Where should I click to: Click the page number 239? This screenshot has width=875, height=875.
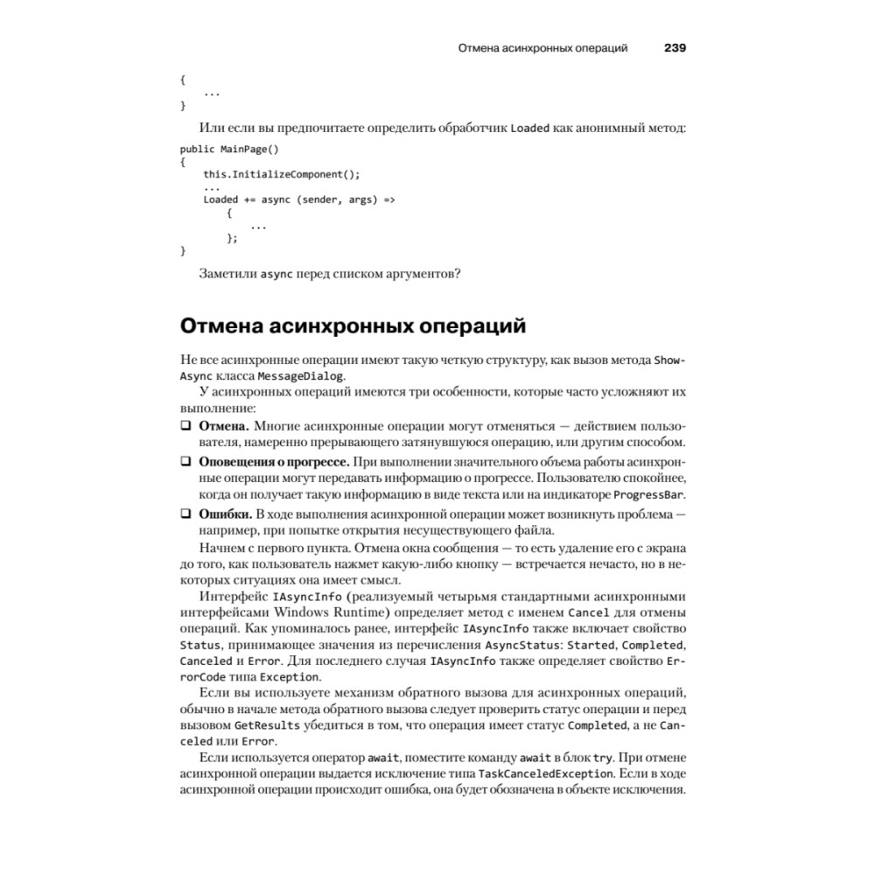click(x=675, y=47)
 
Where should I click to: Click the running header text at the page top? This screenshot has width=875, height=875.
click(x=542, y=47)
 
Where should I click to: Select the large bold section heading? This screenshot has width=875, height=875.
click(x=353, y=327)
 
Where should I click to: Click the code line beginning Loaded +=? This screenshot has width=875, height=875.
click(x=299, y=199)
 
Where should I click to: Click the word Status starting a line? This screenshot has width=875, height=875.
click(x=199, y=645)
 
